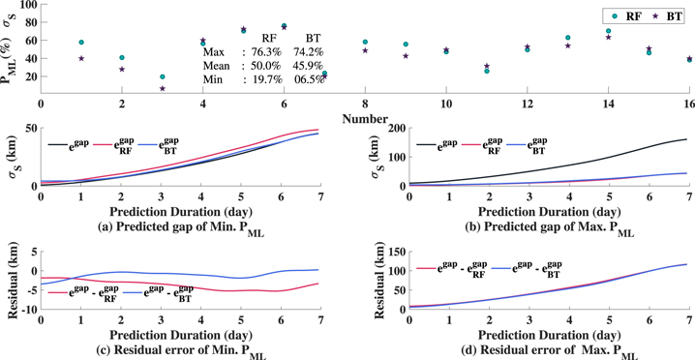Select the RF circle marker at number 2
click(122, 57)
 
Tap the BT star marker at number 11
click(487, 66)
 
